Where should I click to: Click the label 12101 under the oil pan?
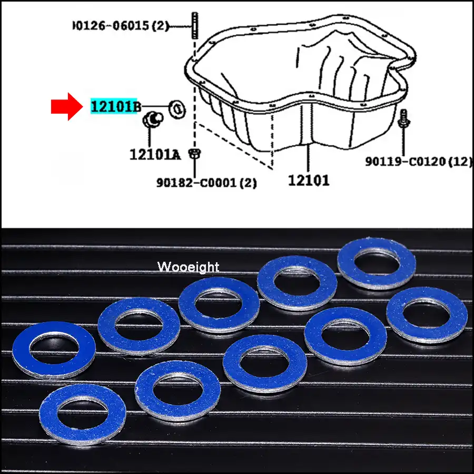pos(309,181)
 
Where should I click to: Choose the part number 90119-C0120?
pos(419,162)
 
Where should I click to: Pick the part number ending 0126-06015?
pos(121,25)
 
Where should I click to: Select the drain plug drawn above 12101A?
pos(153,119)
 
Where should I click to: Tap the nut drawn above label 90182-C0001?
pos(194,154)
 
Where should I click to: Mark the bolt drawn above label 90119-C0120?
pos(404,118)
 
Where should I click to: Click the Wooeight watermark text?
pos(188,267)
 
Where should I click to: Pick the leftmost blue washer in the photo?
pos(53,350)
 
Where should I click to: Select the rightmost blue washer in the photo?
pos(427,315)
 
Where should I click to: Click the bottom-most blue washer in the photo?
pos(83,414)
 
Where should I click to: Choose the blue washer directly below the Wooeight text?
pos(219,306)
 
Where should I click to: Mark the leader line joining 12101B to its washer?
pos(156,107)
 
